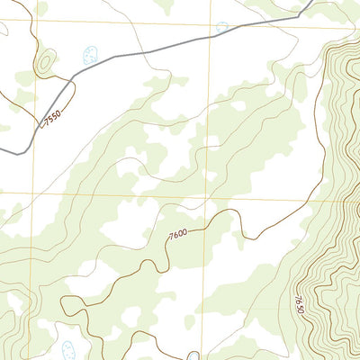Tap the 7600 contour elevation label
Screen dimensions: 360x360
179,237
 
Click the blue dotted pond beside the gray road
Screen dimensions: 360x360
89,56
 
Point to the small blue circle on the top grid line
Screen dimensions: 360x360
222,28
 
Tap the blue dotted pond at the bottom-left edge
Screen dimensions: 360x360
68,349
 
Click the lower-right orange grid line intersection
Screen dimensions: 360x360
211,196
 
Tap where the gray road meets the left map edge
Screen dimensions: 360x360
1,149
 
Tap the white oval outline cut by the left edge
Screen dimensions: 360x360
3,29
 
